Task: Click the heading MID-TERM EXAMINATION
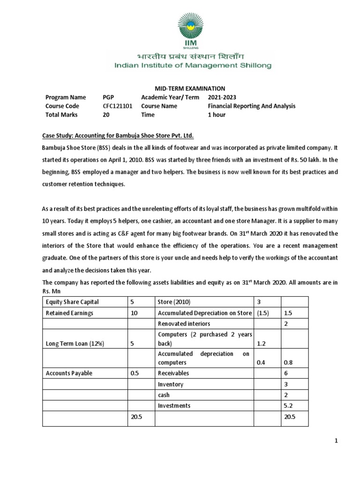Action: coord(183,89)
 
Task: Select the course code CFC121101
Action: coord(117,106)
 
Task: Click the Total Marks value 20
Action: coord(106,115)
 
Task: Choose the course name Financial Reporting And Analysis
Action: coord(252,106)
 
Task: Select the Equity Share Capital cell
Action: coord(72,302)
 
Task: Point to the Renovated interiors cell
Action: coord(183,324)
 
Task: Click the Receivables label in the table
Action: coord(173,374)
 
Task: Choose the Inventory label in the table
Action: coord(171,384)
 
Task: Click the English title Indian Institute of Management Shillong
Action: coord(193,66)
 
